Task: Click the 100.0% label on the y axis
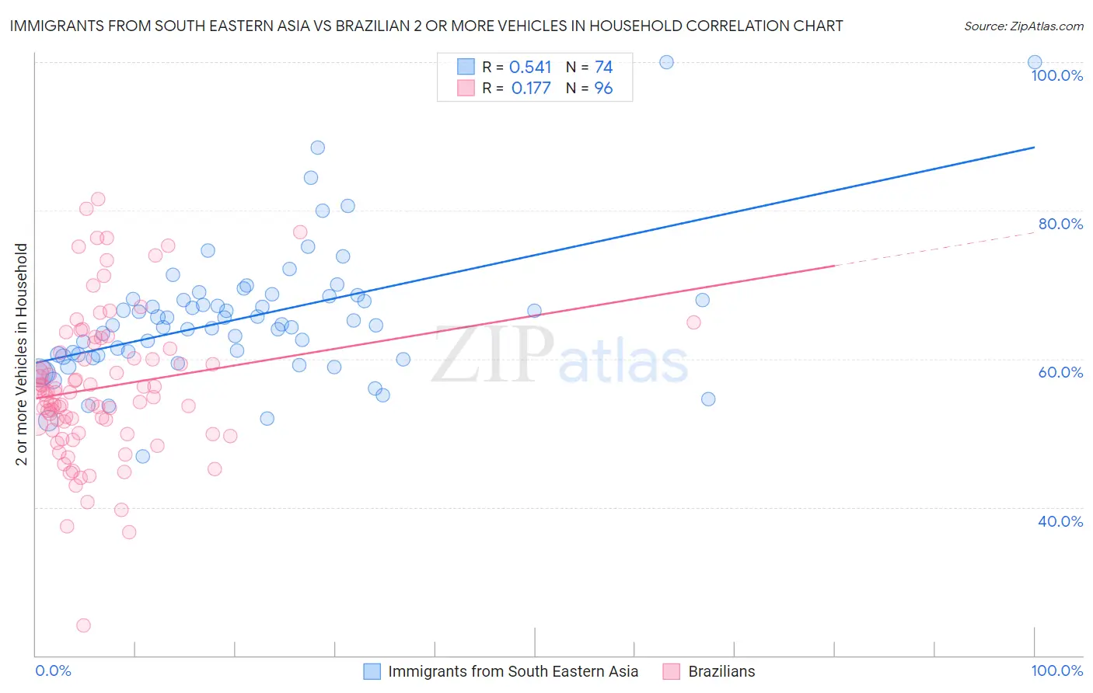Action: pyautogui.click(x=1056, y=75)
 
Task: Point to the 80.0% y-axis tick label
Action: pyautogui.click(x=1060, y=224)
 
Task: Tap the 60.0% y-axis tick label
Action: pyautogui.click(x=1060, y=372)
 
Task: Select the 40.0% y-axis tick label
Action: pyautogui.click(x=1060, y=521)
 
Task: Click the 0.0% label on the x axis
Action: pyautogui.click(x=53, y=670)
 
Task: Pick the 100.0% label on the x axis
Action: pyautogui.click(x=1056, y=670)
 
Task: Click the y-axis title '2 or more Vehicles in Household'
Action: pyautogui.click(x=22, y=354)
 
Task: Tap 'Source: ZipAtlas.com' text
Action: pyautogui.click(x=1023, y=26)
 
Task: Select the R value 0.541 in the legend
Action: pyautogui.click(x=530, y=68)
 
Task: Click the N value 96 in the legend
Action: pyautogui.click(x=603, y=89)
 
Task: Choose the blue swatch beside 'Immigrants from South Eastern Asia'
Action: pyautogui.click(x=372, y=671)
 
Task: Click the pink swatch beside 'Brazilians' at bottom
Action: pyautogui.click(x=672, y=671)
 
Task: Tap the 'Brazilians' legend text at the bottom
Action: pyautogui.click(x=721, y=671)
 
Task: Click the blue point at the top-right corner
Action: pyautogui.click(x=1035, y=62)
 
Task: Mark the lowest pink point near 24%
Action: pyautogui.click(x=83, y=625)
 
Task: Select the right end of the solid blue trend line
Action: pyautogui.click(x=1034, y=147)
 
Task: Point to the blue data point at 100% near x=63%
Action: pyautogui.click(x=666, y=62)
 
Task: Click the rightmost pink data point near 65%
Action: pyautogui.click(x=693, y=322)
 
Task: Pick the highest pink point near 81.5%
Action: pyautogui.click(x=98, y=199)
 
